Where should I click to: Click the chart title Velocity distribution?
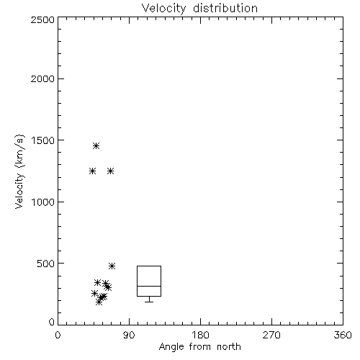click(x=199, y=9)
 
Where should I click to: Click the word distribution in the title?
click(x=225, y=9)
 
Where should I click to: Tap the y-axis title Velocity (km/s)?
click(x=19, y=171)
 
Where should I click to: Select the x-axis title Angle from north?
click(x=199, y=347)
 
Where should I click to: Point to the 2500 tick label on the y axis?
click(x=42, y=19)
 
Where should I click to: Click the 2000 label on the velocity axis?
click(x=42, y=78)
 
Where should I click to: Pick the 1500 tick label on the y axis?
click(x=43, y=140)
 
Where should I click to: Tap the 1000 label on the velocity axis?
click(x=43, y=202)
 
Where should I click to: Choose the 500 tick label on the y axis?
click(x=46, y=264)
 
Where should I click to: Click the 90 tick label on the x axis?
click(x=129, y=335)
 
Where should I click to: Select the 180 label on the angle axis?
click(x=200, y=335)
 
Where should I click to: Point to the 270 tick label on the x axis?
click(x=271, y=335)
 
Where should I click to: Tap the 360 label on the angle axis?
click(x=343, y=335)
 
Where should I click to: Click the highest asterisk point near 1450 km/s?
click(x=96, y=145)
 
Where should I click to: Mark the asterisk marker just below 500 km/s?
click(x=112, y=266)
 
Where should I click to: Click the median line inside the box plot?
click(x=149, y=286)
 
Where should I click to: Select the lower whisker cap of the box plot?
click(x=149, y=302)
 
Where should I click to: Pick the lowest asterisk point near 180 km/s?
click(x=99, y=302)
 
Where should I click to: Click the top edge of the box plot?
click(x=149, y=266)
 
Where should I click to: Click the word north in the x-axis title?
click(x=229, y=347)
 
